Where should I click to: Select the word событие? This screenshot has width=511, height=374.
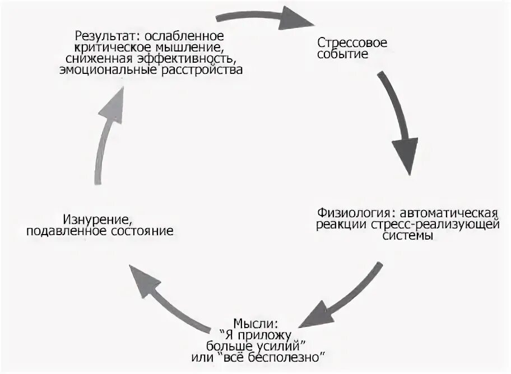[343, 54]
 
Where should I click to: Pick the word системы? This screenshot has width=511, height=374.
[408, 236]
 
